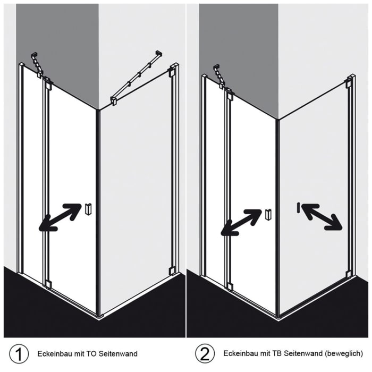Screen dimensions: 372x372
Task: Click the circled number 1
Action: [19, 354]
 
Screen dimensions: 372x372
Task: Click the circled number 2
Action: [205, 354]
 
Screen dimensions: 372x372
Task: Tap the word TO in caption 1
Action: [91, 354]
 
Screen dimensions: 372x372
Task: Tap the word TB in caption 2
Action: [277, 353]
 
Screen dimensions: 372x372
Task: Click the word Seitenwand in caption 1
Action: [117, 354]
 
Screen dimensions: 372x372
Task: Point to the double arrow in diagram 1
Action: [60, 217]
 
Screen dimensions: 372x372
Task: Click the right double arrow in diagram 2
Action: [322, 217]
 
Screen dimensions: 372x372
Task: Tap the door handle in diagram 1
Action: [88, 209]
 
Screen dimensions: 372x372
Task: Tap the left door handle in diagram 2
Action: [268, 215]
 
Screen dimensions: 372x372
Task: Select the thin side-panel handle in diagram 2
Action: [298, 208]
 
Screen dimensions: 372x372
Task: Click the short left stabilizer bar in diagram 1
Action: [37, 65]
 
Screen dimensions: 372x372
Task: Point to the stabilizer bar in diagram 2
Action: [219, 77]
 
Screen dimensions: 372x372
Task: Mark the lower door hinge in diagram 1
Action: [48, 284]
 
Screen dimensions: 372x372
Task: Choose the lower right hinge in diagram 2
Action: [348, 275]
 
